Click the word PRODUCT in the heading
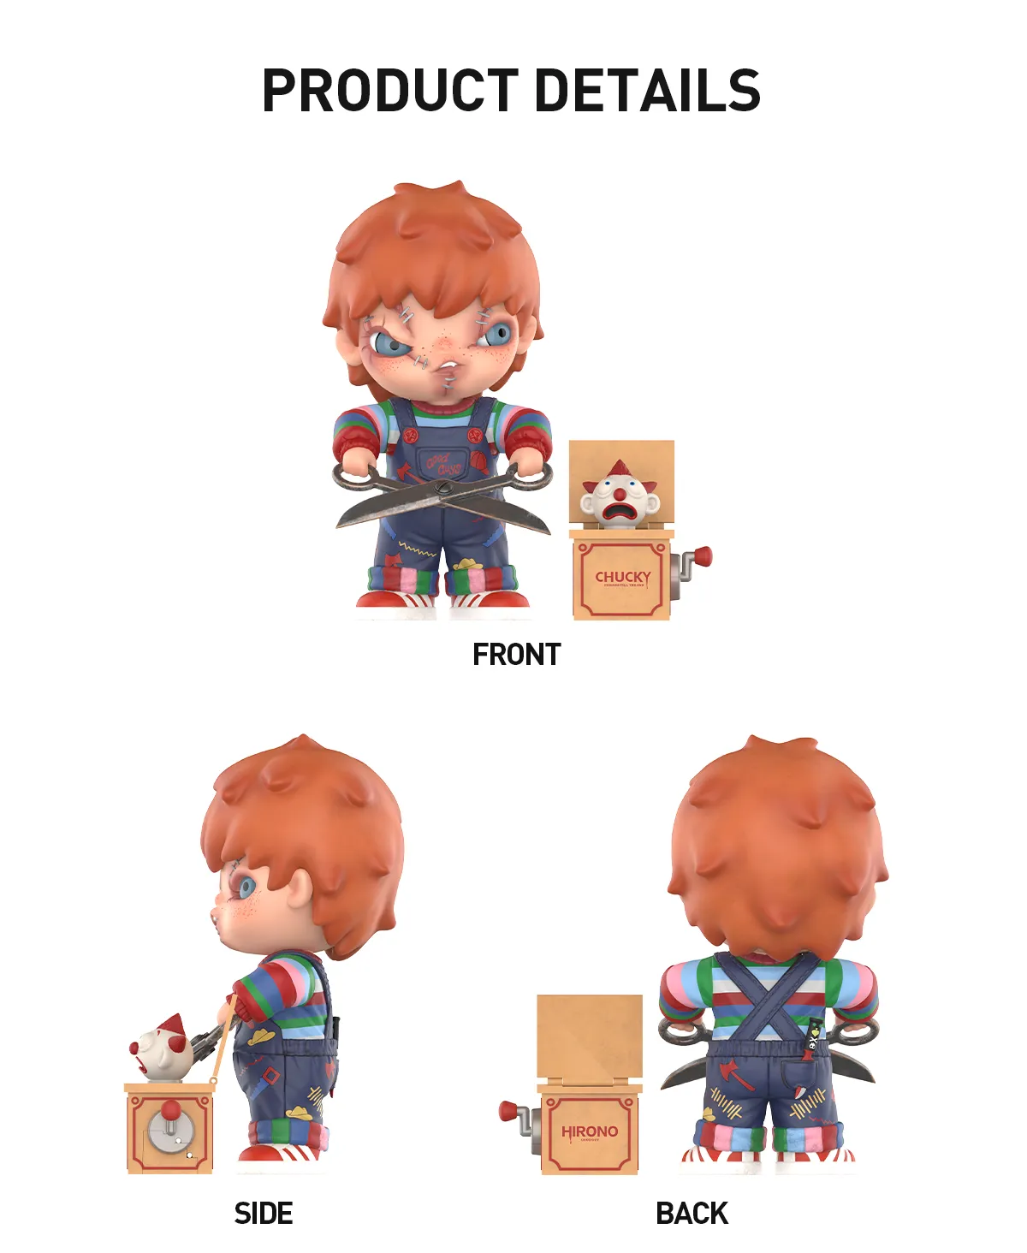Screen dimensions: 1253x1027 coord(389,91)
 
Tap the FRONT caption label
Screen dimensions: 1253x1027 coord(516,655)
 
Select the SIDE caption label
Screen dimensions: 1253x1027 coord(264,1213)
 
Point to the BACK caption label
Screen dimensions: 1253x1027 coord(692,1213)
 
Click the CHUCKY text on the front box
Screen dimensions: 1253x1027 coord(622,578)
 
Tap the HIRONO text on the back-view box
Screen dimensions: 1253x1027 coord(590,1131)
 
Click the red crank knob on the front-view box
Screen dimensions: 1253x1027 coord(702,557)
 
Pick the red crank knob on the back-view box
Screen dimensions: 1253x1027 coord(508,1112)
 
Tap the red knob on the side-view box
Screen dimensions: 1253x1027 coord(171,1110)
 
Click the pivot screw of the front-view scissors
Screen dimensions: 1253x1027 coord(442,489)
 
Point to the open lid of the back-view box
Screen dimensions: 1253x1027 coord(590,1036)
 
